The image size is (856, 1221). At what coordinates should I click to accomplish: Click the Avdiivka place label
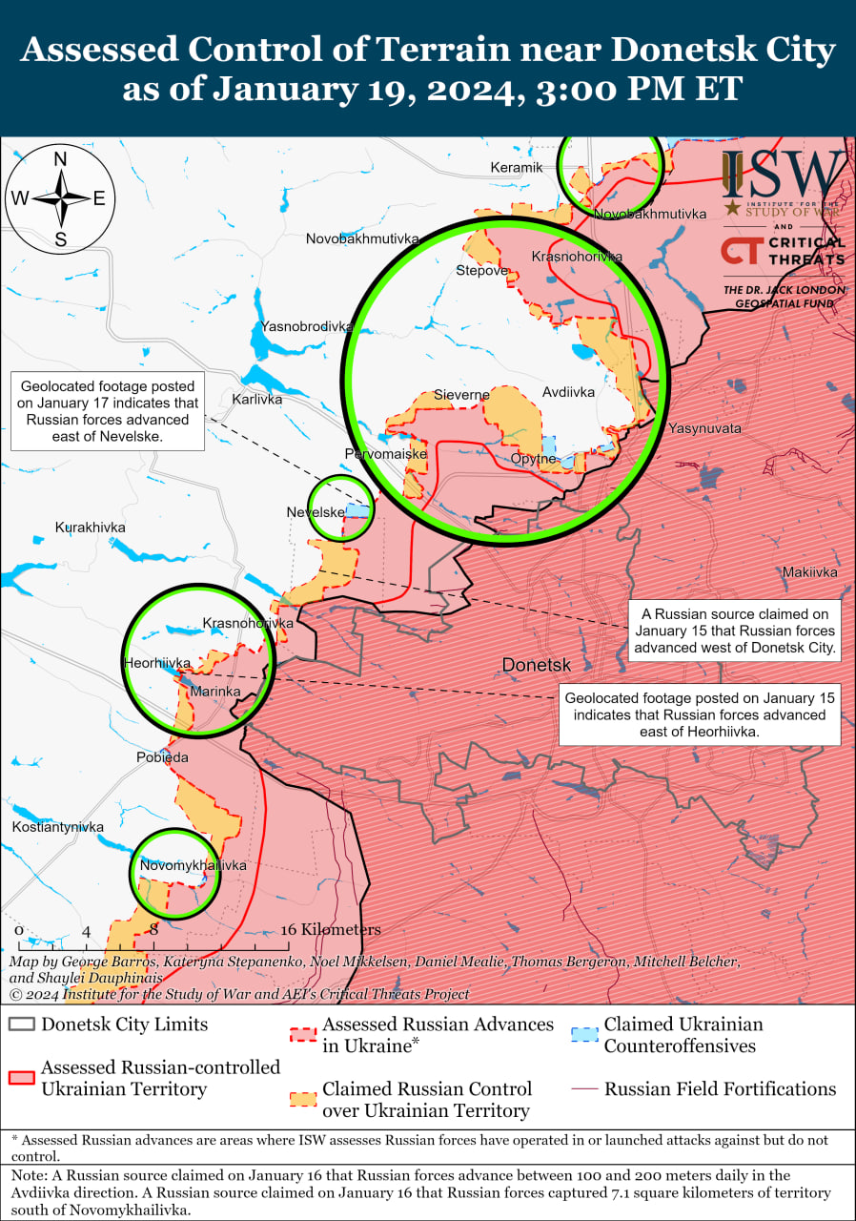[568, 392]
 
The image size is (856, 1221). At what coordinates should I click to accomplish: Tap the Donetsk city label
[536, 665]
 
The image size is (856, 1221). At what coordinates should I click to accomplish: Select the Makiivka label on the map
[809, 572]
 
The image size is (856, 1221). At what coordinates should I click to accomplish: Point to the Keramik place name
[516, 167]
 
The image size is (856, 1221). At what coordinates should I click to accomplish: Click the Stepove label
[482, 271]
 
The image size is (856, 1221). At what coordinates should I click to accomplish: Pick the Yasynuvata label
[704, 429]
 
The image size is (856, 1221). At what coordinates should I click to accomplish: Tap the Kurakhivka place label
[90, 528]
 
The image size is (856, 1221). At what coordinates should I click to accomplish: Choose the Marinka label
[215, 691]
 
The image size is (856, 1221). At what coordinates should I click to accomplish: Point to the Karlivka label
[257, 400]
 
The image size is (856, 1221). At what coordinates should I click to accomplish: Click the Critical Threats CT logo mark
[739, 251]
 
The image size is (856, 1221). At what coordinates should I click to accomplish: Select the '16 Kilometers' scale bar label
[330, 930]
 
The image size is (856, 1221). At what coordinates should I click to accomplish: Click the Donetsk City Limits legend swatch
[22, 1025]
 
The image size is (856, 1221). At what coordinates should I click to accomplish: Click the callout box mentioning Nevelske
[108, 411]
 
